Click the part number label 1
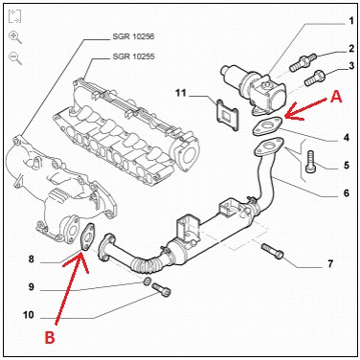coord(351,21)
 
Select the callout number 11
coord(180,93)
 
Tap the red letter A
coord(336,96)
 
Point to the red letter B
coord(50,338)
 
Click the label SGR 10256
coord(133,36)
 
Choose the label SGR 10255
coord(133,56)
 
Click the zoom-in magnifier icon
coord(15,36)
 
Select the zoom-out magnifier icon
coord(15,58)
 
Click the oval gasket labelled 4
coord(267,126)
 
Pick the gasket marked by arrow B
coord(87,236)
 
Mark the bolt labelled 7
coord(273,251)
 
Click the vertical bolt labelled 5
coord(309,162)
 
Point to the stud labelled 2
coord(303,62)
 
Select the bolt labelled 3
coord(315,78)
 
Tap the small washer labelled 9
coord(147,281)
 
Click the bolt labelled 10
coord(161,289)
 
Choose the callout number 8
coord(31,259)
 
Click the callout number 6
coord(347,192)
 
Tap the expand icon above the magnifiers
coord(14,16)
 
